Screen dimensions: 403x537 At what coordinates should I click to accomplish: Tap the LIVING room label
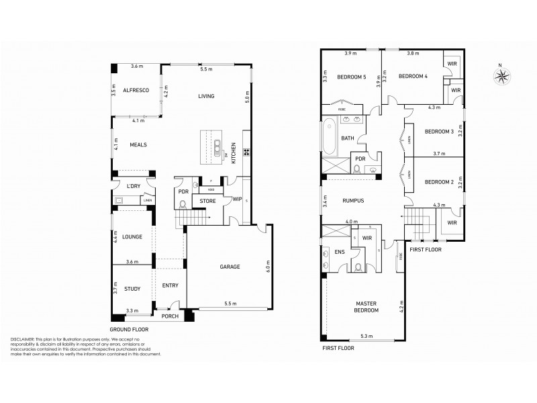coord(206,96)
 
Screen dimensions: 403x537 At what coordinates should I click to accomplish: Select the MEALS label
coord(138,144)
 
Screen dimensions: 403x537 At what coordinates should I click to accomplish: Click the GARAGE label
coord(229,267)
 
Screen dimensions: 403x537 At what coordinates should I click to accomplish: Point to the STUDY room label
coord(132,289)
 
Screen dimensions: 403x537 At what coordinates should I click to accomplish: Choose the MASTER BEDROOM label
coord(367,307)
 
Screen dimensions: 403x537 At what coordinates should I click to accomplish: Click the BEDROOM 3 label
coord(440,131)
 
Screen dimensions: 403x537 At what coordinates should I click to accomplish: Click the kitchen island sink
coord(217,146)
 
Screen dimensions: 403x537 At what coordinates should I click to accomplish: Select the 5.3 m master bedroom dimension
coord(366,336)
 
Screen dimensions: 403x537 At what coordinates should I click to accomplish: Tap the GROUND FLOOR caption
coord(130,330)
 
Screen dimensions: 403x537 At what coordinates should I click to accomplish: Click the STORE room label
coord(207,200)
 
